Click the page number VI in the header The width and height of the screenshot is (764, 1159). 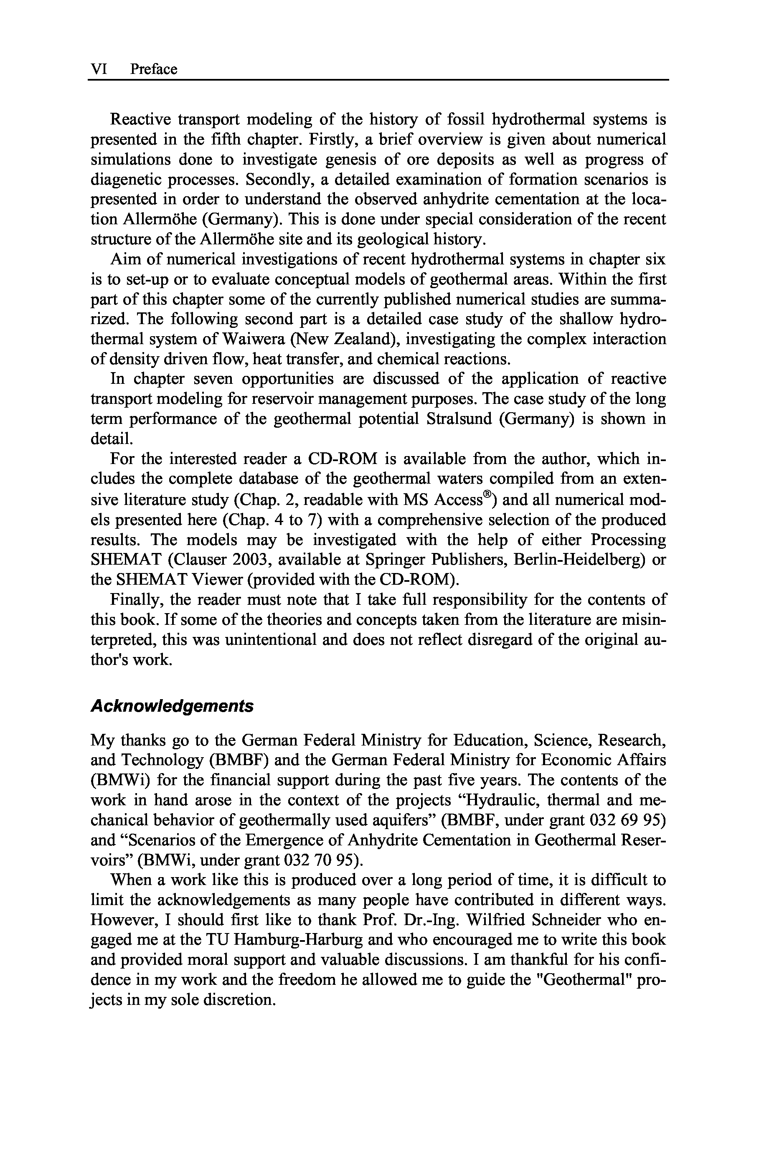click(x=99, y=69)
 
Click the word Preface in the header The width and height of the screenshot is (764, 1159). click(x=153, y=69)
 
